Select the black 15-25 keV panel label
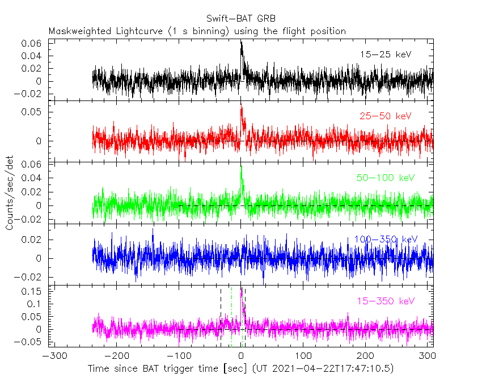click(x=385, y=54)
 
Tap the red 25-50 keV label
click(x=385, y=116)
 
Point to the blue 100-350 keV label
click(x=386, y=239)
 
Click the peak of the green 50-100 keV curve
click(x=242, y=166)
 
